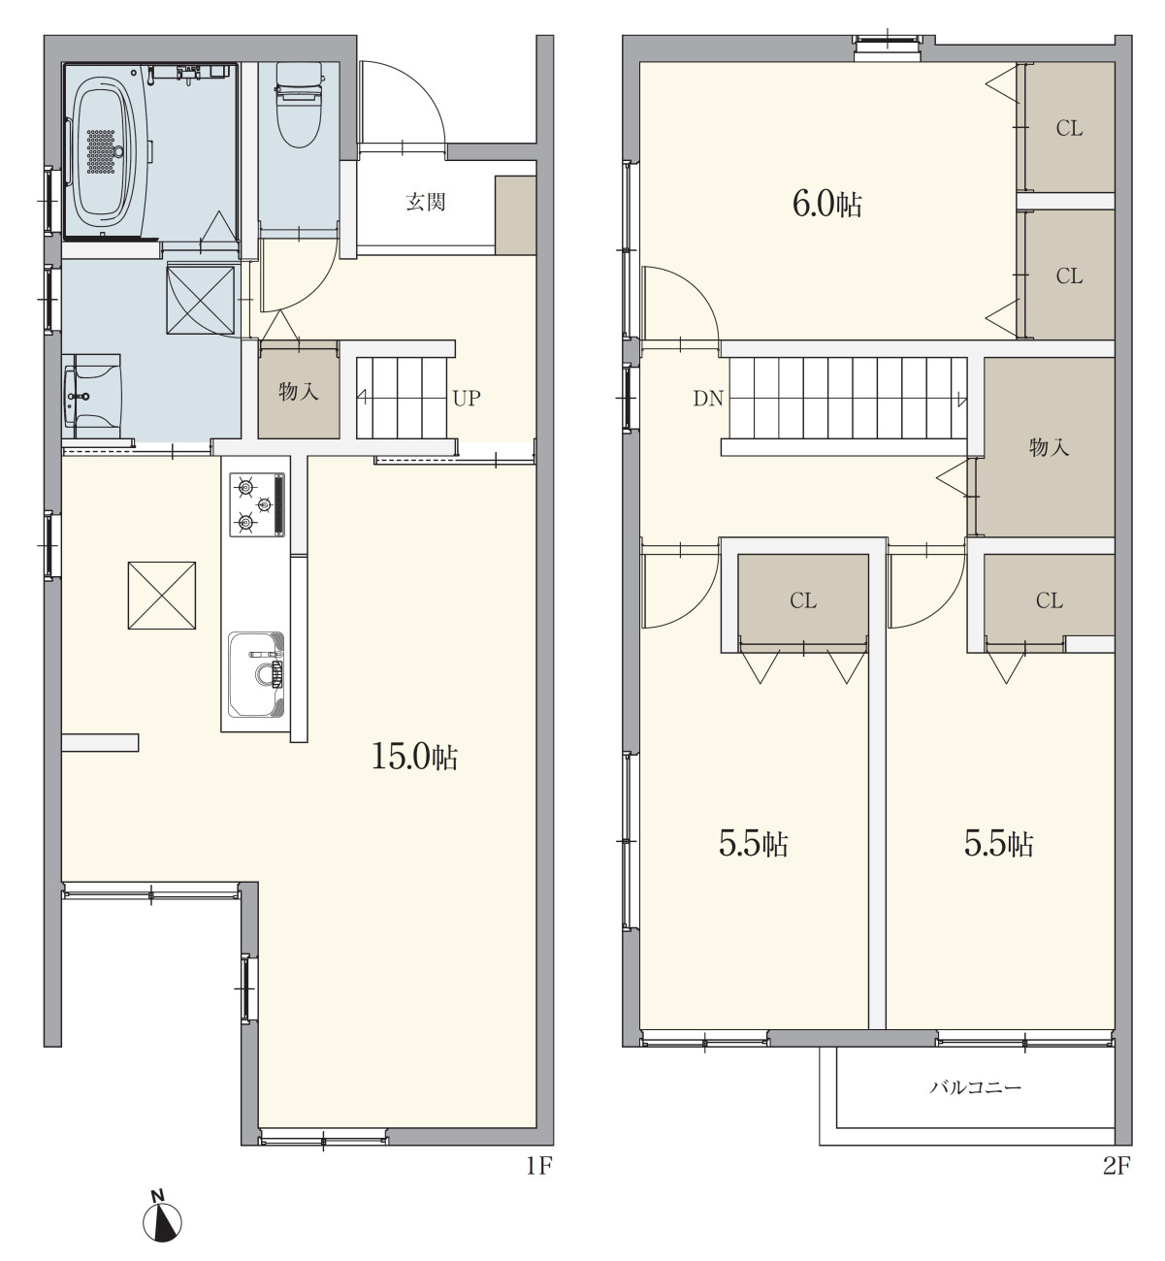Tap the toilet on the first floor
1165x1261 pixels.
299,105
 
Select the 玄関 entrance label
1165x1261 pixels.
426,202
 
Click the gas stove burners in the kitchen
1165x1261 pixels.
257,504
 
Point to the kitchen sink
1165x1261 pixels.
256,674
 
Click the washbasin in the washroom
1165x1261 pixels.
92,396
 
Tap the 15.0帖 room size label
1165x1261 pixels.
414,757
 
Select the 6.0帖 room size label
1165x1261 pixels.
827,205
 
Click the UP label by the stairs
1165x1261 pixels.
467,399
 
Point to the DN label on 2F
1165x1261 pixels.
708,399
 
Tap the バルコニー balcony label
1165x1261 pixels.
976,1087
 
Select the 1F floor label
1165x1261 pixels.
538,1166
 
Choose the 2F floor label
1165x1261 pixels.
1116,1166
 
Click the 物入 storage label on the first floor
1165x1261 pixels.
298,391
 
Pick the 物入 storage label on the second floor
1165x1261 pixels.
1049,447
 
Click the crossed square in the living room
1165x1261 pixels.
161,595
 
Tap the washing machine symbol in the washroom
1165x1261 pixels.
201,299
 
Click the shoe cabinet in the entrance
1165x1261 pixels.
515,216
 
